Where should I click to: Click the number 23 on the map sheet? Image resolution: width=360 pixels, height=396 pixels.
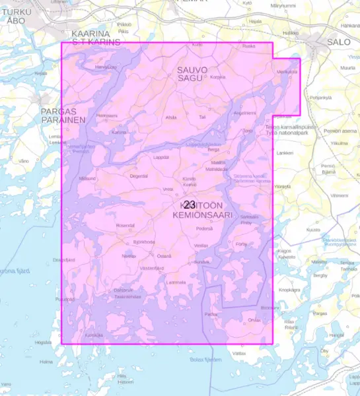190,205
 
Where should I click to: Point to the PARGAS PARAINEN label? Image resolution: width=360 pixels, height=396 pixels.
63,116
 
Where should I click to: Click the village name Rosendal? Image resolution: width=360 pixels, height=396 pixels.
125,225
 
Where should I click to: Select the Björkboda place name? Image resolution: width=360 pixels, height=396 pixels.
144,242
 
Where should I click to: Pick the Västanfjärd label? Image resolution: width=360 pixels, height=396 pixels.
152,268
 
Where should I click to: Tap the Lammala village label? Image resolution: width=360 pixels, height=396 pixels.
176,282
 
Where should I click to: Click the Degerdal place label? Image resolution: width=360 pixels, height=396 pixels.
139,176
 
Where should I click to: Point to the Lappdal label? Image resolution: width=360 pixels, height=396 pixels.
161,157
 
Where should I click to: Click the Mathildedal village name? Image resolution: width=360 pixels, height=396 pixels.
217,169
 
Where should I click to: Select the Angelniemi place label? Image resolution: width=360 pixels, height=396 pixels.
245,113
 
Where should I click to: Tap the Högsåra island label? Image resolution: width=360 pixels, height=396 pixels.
43,342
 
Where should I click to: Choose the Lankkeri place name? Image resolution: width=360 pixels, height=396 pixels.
285,152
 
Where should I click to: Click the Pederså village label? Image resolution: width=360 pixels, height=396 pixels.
204,228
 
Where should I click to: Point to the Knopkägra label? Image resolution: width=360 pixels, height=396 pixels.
289,289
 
